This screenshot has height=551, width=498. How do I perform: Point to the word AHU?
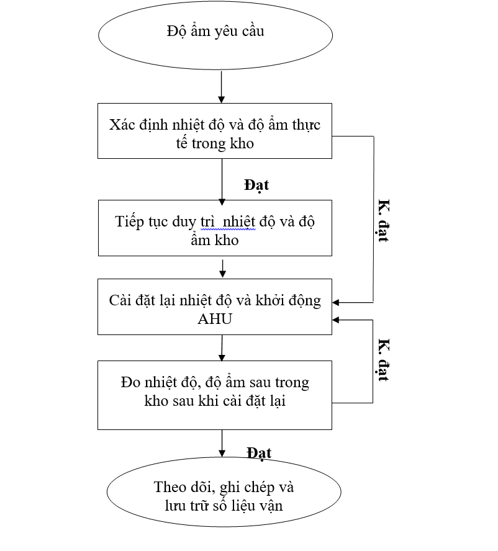click(x=215, y=319)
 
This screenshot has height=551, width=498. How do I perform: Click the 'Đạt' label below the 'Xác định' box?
click(x=256, y=186)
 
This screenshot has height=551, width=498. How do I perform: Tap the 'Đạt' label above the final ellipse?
click(x=259, y=454)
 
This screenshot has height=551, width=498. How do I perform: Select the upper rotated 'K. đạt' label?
click(x=383, y=221)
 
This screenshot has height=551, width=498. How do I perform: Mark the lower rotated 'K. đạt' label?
click(x=383, y=360)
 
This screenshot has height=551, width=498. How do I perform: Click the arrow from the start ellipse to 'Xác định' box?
click(x=221, y=87)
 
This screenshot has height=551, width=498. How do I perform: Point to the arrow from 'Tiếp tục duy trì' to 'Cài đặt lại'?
click(x=222, y=269)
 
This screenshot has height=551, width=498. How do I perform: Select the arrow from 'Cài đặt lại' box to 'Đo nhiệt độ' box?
click(x=222, y=348)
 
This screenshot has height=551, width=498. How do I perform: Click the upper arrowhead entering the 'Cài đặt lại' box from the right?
click(x=335, y=302)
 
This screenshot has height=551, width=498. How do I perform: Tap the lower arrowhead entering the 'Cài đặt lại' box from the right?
click(x=335, y=320)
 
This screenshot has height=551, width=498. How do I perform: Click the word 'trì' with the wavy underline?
click(x=207, y=222)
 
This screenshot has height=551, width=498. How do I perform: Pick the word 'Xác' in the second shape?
click(x=122, y=125)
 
